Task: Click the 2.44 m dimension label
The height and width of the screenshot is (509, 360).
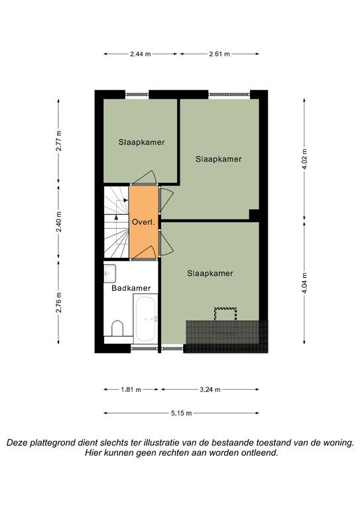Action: (x=141, y=54)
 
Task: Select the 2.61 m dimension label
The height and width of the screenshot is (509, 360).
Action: (x=219, y=54)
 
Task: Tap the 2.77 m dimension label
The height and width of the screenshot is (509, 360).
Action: (x=58, y=141)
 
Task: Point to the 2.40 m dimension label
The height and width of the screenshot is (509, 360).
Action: (x=58, y=222)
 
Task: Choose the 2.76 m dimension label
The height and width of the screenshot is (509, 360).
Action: (x=58, y=302)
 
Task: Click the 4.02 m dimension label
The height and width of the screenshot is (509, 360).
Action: (x=304, y=159)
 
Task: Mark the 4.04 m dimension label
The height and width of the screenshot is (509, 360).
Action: (x=304, y=282)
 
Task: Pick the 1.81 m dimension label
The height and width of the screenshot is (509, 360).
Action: (x=131, y=390)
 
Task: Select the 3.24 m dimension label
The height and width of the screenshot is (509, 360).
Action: (x=210, y=390)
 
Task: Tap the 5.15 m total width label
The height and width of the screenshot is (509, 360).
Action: (x=181, y=414)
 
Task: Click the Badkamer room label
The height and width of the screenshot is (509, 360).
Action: (x=131, y=288)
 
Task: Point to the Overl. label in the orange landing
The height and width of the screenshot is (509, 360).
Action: (x=143, y=223)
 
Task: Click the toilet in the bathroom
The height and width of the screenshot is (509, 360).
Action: (x=117, y=329)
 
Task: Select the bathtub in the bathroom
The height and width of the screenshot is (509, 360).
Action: (x=146, y=318)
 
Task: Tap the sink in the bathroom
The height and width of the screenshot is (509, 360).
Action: (x=109, y=273)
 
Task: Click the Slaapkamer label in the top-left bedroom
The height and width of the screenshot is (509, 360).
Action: (x=141, y=142)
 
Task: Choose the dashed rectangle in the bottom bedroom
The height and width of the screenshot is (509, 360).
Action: (x=225, y=314)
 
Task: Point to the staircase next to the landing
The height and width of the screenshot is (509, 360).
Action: (x=116, y=223)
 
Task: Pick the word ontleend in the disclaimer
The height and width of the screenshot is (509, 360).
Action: (x=259, y=453)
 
